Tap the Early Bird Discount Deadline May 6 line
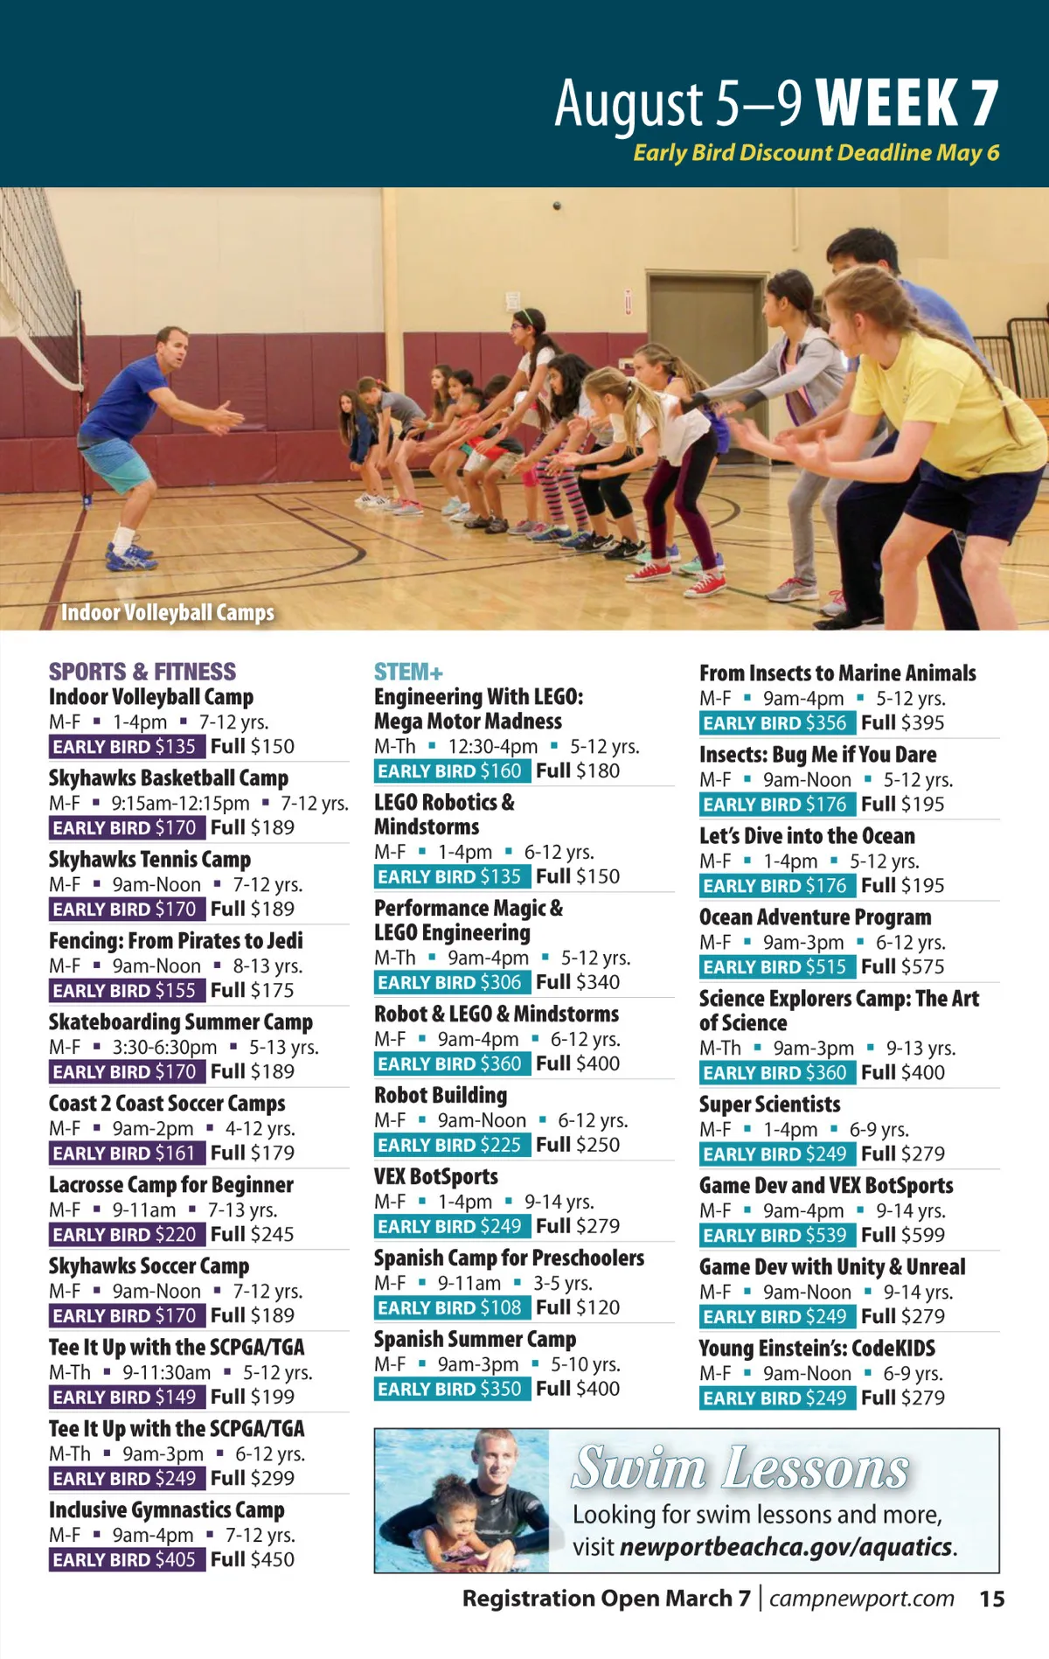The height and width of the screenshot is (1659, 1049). point(816,153)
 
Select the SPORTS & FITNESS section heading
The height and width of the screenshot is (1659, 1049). point(142,672)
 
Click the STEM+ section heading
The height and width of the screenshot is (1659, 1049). point(408,672)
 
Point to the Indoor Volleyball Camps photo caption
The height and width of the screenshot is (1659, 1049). point(168,612)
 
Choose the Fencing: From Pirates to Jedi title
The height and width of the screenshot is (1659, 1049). point(176,941)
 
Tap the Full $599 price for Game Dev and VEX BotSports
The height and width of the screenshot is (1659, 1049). point(902,1235)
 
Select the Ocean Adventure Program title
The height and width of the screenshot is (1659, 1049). point(815,917)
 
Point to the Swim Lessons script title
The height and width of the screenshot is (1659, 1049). point(741,1468)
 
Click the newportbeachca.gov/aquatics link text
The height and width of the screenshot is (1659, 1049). point(786,1547)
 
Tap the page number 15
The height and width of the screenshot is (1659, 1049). point(991,1599)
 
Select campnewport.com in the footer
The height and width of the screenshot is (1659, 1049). point(861,1599)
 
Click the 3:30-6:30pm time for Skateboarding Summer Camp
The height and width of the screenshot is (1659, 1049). point(164,1048)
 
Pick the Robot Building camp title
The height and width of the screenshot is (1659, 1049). point(441,1096)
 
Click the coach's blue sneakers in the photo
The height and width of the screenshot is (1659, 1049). point(131,557)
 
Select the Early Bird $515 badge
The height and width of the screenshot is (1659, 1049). point(775,966)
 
